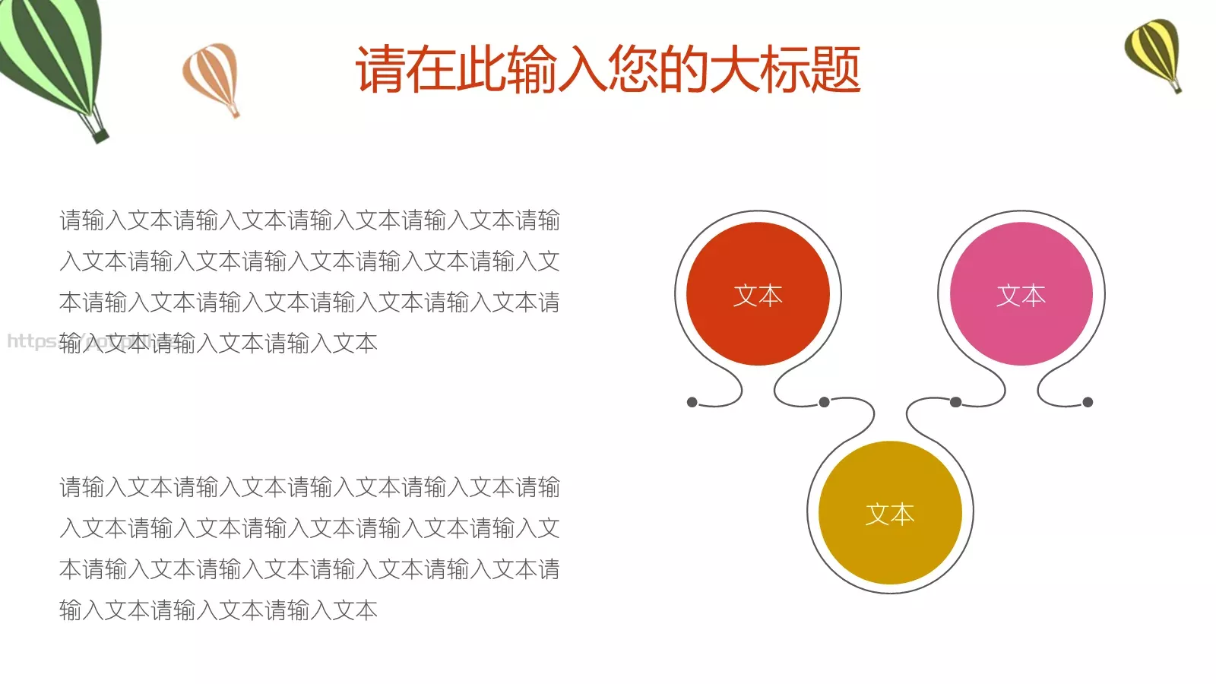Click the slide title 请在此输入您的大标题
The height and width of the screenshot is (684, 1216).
coord(608,70)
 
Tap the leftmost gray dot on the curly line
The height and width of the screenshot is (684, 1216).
coord(692,402)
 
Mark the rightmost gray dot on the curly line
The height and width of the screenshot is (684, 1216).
coord(1088,402)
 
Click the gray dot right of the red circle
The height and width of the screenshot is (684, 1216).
coord(824,402)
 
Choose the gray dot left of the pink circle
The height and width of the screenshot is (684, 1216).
coord(955,402)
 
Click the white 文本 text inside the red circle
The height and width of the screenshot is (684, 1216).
coord(758,296)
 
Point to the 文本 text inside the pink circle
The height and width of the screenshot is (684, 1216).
coord(1021,296)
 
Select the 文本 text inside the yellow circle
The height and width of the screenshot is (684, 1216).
coord(890,515)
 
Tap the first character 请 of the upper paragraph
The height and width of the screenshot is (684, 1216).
coord(71,220)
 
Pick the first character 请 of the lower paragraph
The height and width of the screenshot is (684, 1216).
coord(71,487)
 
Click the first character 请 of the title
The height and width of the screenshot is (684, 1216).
coord(380,70)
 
